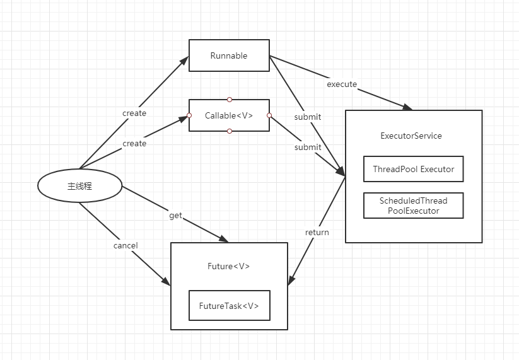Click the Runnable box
click(229, 55)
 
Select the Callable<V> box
click(229, 115)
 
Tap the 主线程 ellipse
click(79, 185)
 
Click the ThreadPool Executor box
click(414, 169)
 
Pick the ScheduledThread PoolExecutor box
click(414, 206)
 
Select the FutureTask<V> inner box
click(230, 305)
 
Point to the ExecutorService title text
click(411, 136)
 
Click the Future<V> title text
click(229, 266)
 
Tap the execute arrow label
click(342, 84)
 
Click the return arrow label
click(317, 232)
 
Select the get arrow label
click(176, 216)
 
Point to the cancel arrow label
click(125, 245)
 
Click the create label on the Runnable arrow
click(134, 113)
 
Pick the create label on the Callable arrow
click(134, 144)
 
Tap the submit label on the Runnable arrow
click(308, 117)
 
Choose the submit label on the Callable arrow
click(308, 148)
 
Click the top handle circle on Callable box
click(230, 100)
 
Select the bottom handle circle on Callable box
click(230, 131)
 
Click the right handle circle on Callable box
click(269, 115)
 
